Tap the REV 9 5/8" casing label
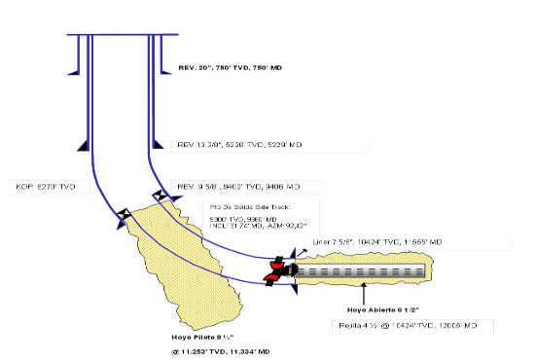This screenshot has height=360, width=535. point(238,185)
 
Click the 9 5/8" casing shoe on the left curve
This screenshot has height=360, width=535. point(122,213)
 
